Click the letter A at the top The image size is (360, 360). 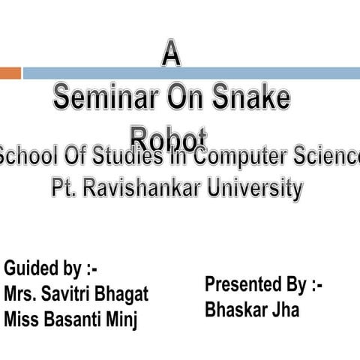tap(172, 56)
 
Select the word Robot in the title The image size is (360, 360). tap(168, 137)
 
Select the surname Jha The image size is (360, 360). tap(283, 310)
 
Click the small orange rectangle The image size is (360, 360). tap(10, 73)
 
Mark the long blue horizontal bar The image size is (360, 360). tap(190, 73)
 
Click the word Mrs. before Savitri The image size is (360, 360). tap(22, 293)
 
